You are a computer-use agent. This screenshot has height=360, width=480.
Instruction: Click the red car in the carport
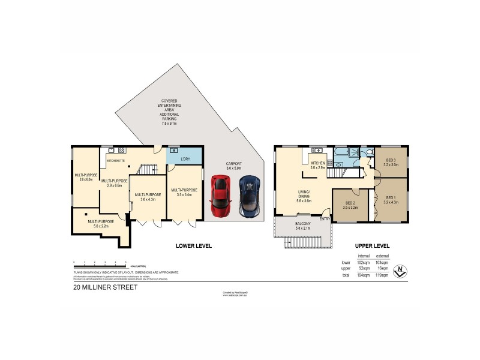(x=221, y=196)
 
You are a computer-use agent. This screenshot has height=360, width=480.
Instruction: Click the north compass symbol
(x=400, y=271)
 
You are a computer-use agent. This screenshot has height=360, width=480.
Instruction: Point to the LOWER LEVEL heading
(x=194, y=246)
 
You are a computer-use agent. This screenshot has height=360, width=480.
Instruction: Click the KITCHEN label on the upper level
(x=317, y=163)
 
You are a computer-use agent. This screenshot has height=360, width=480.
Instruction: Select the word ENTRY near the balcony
(x=325, y=218)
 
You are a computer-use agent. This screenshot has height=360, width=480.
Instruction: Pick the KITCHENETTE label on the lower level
(x=115, y=161)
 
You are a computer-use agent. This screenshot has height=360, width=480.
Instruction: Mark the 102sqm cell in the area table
(x=364, y=263)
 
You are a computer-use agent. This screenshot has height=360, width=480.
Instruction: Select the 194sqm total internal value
(x=364, y=275)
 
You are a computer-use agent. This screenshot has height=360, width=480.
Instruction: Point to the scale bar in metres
(x=99, y=263)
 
